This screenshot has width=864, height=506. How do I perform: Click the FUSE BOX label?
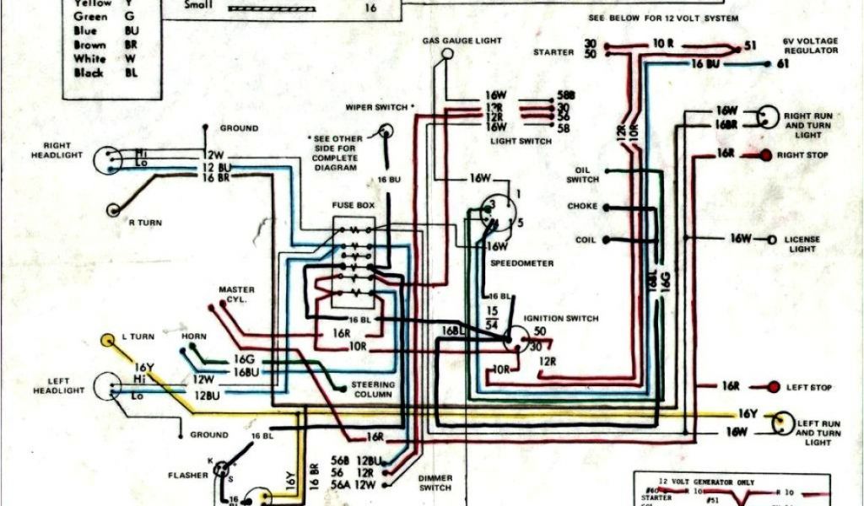tap(354, 206)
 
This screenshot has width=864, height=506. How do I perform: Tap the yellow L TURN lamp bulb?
tap(108, 341)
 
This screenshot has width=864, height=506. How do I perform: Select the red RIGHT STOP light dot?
tap(766, 156)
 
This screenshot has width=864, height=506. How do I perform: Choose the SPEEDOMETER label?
tap(522, 263)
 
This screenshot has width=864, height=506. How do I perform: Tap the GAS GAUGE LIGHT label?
tap(462, 40)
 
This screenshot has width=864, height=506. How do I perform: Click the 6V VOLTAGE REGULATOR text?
tap(810, 46)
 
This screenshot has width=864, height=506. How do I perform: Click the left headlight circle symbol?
tap(107, 386)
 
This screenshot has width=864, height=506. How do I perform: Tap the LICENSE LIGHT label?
tap(802, 244)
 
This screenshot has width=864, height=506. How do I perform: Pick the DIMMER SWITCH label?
tap(435, 482)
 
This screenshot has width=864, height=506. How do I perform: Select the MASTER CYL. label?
tap(237, 294)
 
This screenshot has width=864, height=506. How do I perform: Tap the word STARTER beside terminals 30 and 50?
tap(553, 52)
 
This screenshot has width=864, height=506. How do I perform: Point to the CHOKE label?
tap(582, 207)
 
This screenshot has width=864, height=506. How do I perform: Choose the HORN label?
tap(193, 336)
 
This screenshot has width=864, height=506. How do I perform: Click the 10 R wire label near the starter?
tap(662, 42)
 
